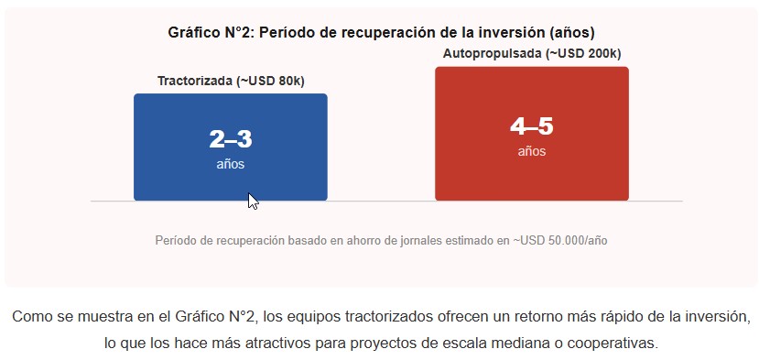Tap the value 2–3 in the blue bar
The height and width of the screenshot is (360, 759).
[x=231, y=139]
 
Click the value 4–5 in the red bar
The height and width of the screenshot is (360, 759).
[x=532, y=126]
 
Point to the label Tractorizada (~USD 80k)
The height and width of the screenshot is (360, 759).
[x=231, y=81]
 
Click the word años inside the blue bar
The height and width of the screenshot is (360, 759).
[x=231, y=164]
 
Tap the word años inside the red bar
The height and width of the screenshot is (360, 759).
[x=532, y=151]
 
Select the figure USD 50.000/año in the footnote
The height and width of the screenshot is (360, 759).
[x=564, y=240]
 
